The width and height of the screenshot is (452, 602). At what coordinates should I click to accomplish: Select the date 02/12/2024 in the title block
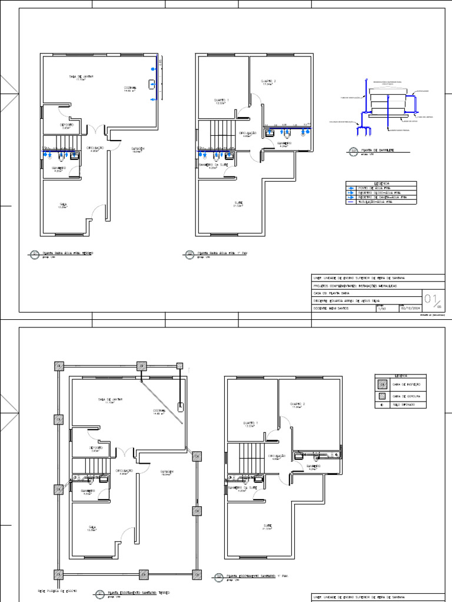410,307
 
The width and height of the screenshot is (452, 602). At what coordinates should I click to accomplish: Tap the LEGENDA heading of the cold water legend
380,183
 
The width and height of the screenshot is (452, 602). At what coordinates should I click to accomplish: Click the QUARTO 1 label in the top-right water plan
221,101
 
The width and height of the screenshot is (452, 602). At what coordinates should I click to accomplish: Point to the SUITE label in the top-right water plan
238,203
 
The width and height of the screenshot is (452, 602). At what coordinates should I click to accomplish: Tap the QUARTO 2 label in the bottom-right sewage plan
298,404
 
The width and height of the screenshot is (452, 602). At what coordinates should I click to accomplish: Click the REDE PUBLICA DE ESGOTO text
57,590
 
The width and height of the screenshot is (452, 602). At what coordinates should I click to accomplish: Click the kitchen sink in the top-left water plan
152,83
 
